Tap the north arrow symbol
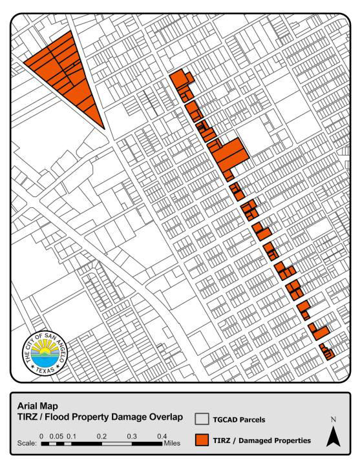pyautogui.click(x=334, y=437)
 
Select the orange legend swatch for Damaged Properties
pyautogui.click(x=201, y=440)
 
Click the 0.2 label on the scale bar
pyautogui.click(x=101, y=436)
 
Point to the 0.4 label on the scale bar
pyautogui.click(x=162, y=436)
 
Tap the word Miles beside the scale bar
pyautogui.click(x=171, y=444)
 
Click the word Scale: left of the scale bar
pyautogui.click(x=26, y=444)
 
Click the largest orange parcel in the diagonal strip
pyautogui.click(x=229, y=153)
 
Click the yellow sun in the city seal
pyautogui.click(x=43, y=349)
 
